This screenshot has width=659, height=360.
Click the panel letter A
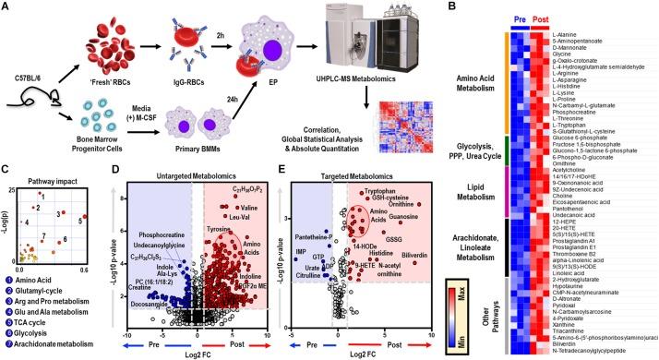[6, 6]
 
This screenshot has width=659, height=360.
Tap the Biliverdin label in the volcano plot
[416, 270]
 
